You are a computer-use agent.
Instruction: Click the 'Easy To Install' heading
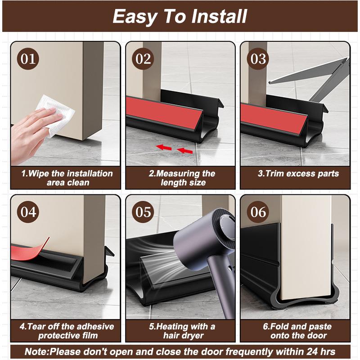point(180,17)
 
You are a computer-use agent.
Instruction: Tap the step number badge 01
point(28,59)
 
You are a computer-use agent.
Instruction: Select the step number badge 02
point(143,59)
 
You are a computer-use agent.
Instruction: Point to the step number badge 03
point(258,59)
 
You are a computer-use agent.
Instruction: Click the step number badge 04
point(28,211)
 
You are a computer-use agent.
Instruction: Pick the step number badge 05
point(143,211)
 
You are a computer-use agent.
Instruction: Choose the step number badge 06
point(258,211)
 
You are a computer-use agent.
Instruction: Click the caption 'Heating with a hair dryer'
point(182,331)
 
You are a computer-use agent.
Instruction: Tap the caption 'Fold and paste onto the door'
point(297,331)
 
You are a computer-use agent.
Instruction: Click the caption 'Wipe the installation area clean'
point(67,178)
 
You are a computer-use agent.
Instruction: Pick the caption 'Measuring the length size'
point(182,178)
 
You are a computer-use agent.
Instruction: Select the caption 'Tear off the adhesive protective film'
point(67,331)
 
